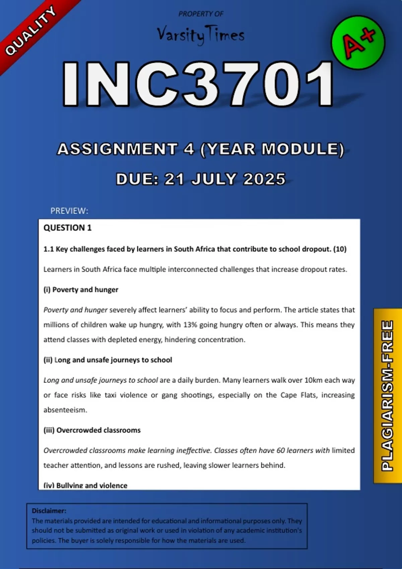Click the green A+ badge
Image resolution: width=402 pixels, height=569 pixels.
[358, 43]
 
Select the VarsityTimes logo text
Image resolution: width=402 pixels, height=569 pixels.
[201, 35]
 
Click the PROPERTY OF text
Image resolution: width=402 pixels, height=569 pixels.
[201, 14]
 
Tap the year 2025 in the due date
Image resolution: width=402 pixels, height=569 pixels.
[264, 179]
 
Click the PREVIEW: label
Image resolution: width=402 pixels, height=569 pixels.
[69, 211]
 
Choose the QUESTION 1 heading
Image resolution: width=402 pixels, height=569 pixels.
[67, 228]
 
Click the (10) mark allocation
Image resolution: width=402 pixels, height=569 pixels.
[340, 249]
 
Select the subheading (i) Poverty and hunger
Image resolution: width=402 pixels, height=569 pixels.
[81, 290]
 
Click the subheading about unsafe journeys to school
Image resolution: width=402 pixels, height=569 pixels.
[108, 360]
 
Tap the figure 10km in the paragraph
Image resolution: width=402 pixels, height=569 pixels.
[313, 380]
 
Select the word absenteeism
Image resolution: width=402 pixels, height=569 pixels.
[65, 410]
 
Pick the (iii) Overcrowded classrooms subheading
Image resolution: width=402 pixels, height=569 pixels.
[92, 430]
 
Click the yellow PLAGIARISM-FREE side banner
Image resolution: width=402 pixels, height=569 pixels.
[387, 396]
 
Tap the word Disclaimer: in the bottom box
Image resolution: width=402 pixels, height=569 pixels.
[49, 511]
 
